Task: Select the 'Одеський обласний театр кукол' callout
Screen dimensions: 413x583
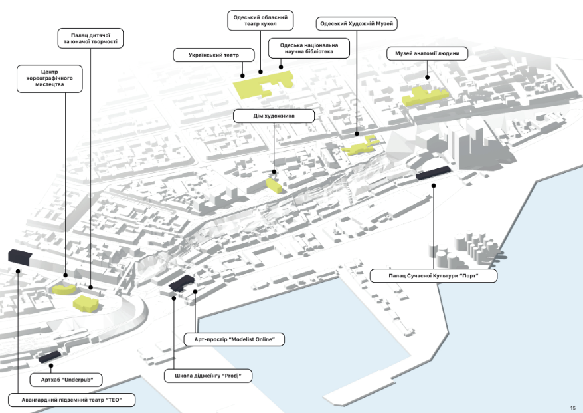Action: [x=260, y=20]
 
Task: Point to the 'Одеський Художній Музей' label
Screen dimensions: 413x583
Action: [x=357, y=24]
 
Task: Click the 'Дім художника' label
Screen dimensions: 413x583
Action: [x=274, y=116]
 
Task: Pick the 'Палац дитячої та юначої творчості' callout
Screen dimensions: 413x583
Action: [x=90, y=37]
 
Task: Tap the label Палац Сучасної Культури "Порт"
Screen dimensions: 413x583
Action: [x=434, y=275]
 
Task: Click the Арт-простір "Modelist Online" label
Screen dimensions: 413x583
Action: [x=234, y=340]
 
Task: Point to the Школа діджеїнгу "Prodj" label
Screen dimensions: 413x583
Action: [x=208, y=376]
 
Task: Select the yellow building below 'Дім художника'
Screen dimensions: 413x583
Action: [x=273, y=184]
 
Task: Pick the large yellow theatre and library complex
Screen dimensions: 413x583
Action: [x=264, y=85]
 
